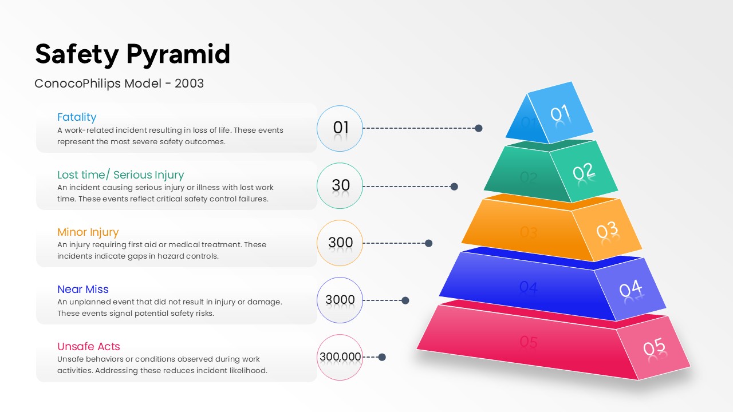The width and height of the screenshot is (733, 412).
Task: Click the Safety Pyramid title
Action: [132, 54]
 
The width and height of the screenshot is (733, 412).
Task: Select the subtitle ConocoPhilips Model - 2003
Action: [119, 84]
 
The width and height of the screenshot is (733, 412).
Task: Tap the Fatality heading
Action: [77, 117]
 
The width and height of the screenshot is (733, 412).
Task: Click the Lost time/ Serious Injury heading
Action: [120, 175]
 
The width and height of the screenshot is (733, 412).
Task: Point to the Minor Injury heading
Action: [88, 232]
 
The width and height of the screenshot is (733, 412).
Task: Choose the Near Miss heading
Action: [83, 289]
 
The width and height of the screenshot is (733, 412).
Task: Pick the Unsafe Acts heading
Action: [88, 346]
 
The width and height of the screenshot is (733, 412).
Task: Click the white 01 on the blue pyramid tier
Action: [560, 113]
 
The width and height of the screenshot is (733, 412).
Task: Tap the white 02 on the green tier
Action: [583, 171]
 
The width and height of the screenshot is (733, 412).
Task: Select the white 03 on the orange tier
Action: [607, 230]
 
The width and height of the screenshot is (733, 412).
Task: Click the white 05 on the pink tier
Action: [654, 347]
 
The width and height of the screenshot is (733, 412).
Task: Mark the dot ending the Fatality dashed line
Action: [478, 128]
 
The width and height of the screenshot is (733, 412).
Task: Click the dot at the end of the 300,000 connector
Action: [382, 357]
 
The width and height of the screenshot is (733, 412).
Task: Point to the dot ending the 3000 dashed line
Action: [405, 300]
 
